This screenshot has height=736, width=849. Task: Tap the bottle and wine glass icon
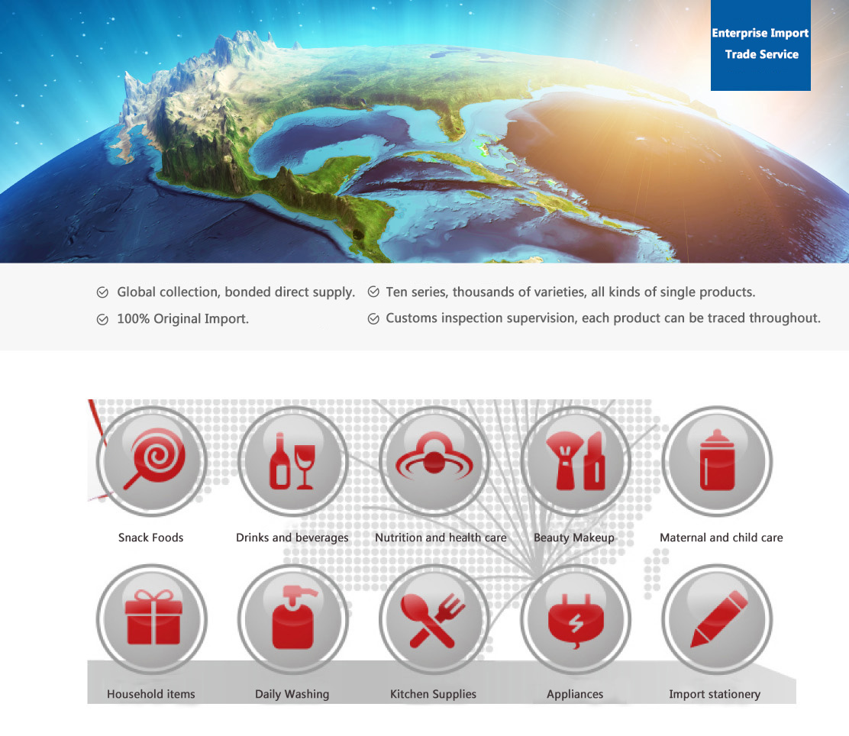point(293,461)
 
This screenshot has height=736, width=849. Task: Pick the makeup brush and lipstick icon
point(576,461)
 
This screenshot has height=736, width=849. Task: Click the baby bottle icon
point(718,461)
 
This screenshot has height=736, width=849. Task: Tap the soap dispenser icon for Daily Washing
point(293,619)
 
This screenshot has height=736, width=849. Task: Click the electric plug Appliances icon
point(576,619)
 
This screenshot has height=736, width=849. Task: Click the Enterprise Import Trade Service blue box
point(760,45)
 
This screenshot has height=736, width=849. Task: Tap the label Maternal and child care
point(721,537)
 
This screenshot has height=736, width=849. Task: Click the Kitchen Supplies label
point(433,694)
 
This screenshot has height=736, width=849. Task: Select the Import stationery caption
point(715,694)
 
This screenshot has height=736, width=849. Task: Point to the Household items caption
point(151,694)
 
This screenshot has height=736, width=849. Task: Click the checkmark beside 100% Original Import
point(102,320)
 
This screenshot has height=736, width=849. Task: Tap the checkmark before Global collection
point(102,292)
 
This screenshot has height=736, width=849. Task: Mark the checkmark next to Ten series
point(373,292)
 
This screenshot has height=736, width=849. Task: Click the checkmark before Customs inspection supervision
point(373,318)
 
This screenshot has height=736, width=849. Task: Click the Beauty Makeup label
point(574,537)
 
